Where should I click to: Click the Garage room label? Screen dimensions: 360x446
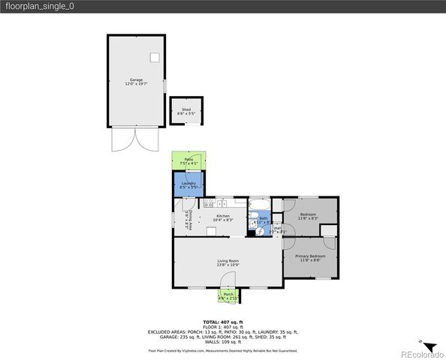pos(136,79)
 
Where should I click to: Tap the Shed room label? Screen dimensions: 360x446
pos(186,109)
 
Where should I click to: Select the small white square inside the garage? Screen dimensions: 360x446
pos(155,57)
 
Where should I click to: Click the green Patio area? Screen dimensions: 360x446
pos(188,160)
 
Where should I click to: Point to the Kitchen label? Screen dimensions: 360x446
pos(223,216)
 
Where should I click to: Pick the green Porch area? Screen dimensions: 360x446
pos(228,297)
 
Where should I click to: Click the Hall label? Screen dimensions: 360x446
pos(277,228)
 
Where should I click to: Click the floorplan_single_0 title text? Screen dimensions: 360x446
pos(38,6)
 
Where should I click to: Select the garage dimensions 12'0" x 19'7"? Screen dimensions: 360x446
pos(136,84)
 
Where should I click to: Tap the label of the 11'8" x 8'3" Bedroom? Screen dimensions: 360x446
pos(308,215)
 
